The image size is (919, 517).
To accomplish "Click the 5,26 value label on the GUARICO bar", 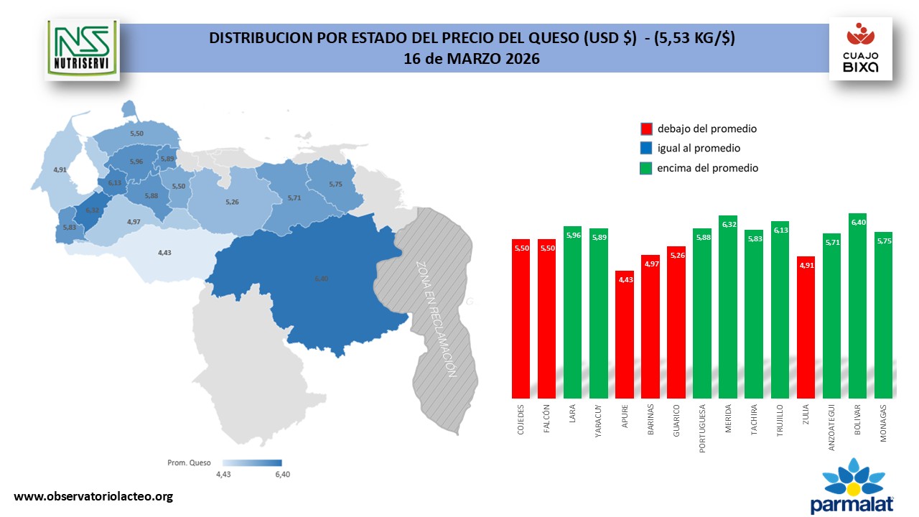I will click(676, 253).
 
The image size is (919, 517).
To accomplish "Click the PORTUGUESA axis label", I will click(702, 429).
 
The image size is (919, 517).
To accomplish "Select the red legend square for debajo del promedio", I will click(646, 129).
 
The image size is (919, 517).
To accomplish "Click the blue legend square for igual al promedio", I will click(646, 149).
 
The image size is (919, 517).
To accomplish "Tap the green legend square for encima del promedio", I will click(646, 168).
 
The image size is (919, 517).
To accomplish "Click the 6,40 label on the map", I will click(321, 279).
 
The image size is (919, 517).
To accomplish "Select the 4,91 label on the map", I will click(60, 169).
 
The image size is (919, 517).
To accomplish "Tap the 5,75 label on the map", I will click(336, 185).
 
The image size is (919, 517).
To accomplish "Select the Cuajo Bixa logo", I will click(860, 49).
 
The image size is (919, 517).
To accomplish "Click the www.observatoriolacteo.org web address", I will click(93, 496).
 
